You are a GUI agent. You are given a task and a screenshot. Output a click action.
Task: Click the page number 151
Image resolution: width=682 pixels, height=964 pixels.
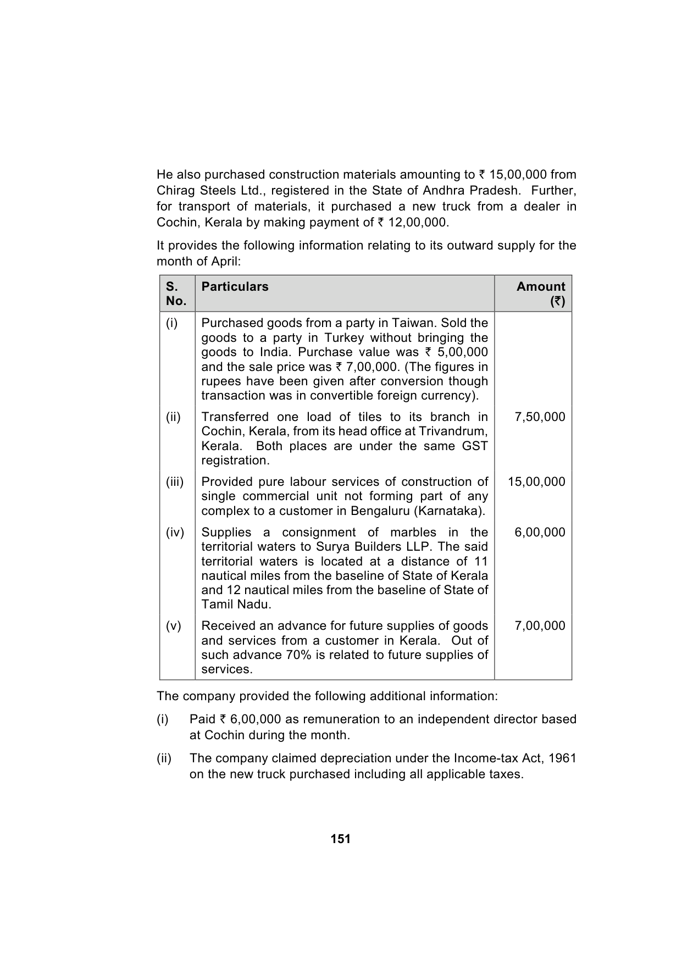click(341, 839)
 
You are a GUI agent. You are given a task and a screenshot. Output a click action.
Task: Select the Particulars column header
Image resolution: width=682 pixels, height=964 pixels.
click(235, 286)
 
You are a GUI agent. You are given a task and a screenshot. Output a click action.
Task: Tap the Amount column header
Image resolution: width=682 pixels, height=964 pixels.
click(541, 286)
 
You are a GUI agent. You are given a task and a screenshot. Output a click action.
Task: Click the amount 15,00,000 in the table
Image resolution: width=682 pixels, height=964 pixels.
click(536, 482)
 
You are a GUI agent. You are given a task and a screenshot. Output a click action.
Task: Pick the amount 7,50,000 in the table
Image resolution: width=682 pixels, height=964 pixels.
click(540, 417)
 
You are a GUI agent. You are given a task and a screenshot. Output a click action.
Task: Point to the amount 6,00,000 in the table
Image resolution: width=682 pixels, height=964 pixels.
click(540, 533)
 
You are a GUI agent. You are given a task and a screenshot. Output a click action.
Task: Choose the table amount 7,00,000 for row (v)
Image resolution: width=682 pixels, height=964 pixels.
click(540, 626)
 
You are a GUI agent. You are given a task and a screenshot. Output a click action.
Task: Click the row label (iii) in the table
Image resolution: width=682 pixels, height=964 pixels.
click(175, 482)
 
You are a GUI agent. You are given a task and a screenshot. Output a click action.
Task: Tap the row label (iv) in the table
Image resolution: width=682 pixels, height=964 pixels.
click(175, 533)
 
